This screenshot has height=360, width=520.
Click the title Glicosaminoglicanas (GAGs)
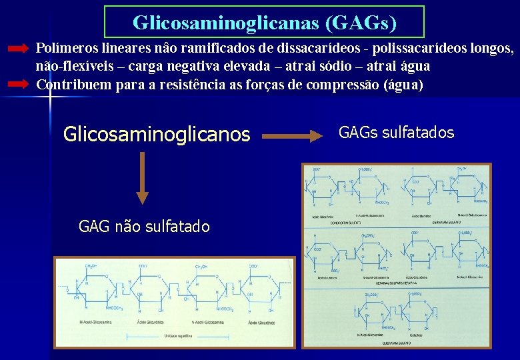coord(265,23)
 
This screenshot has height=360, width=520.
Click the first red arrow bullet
coord(19,49)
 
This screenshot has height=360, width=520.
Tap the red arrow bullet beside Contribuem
coord(19,84)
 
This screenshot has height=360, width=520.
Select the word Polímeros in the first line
coord(63,48)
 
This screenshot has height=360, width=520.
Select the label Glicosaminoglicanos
coord(156,135)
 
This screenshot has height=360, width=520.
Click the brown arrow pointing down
coord(142,177)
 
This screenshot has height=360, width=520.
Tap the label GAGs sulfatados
coord(396,133)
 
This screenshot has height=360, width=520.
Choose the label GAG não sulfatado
coord(144,227)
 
